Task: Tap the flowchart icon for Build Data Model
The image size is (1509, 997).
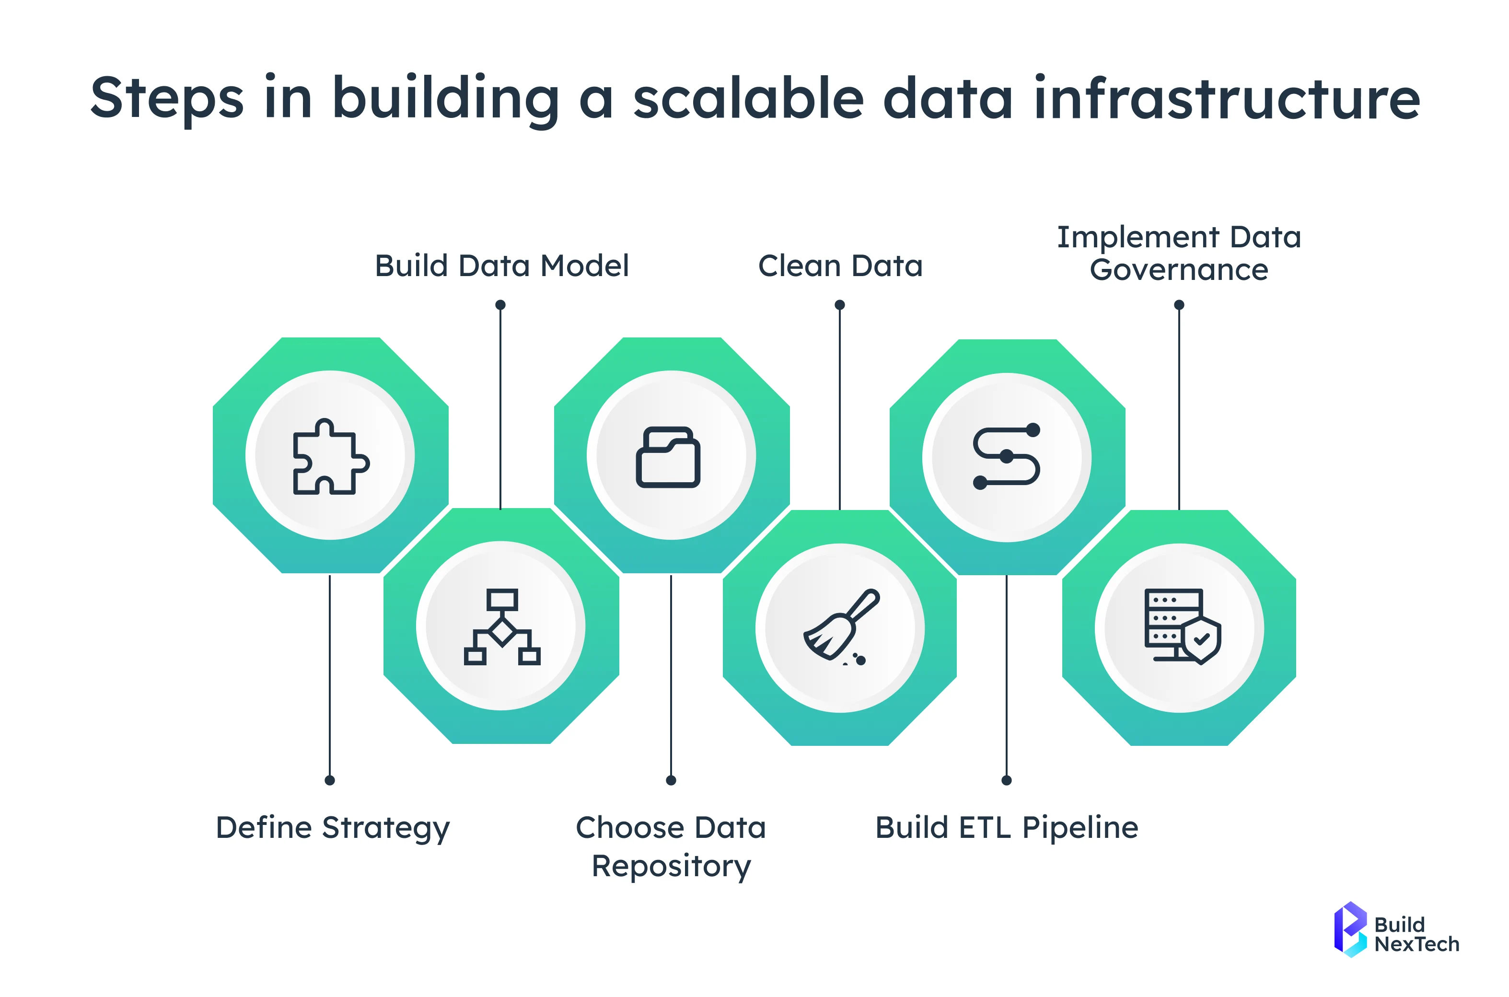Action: pos(502,626)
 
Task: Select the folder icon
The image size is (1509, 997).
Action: pos(668,456)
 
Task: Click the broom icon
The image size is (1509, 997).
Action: pos(841,627)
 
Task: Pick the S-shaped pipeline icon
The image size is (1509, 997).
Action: pos(1007,456)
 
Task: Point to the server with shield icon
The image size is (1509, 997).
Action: pos(1182,626)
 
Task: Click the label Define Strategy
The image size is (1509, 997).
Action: pos(333,828)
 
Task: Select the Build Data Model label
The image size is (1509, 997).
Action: pos(502,266)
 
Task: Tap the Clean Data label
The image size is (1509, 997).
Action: pos(840,266)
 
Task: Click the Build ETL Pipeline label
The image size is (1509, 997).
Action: pos(1007,828)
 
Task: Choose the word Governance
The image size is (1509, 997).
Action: pos(1179,270)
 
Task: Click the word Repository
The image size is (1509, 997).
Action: pos(671,867)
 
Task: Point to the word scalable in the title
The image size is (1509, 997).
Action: pos(748,99)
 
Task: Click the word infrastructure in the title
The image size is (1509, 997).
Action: pos(1227,99)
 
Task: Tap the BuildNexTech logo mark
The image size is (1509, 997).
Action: pos(1350,929)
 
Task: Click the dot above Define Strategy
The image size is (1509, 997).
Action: pos(329,780)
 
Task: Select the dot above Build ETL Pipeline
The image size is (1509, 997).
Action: pos(1006,780)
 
